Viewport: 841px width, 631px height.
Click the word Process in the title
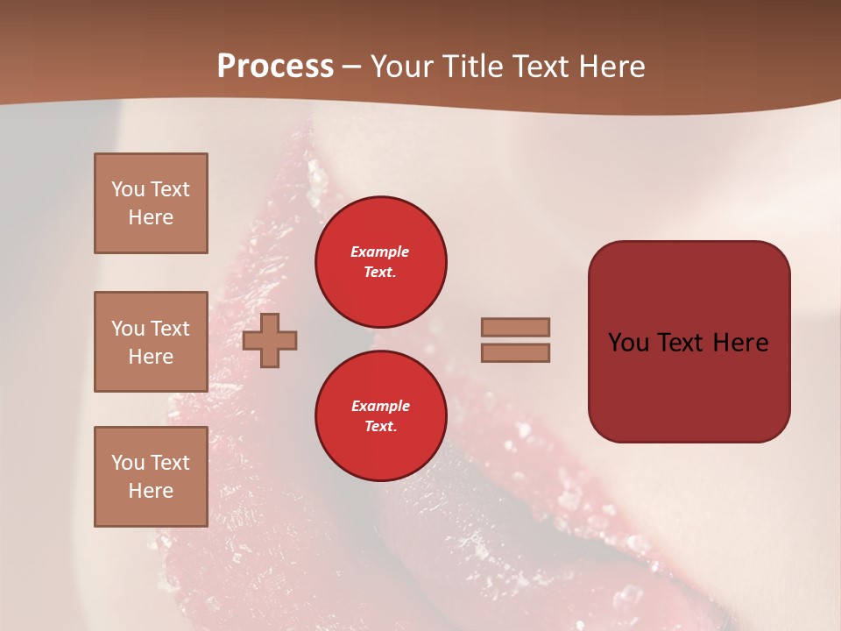click(275, 67)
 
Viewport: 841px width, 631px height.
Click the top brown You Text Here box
click(151, 203)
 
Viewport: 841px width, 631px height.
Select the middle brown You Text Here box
click(151, 342)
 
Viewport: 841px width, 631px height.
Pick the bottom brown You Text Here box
click(151, 477)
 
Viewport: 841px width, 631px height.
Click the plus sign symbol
click(270, 340)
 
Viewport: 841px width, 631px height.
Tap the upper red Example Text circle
click(380, 262)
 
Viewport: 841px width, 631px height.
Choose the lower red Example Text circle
click(380, 416)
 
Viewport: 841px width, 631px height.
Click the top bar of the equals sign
click(516, 327)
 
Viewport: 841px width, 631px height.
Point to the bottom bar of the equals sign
click(516, 352)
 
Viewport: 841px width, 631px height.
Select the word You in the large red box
click(629, 343)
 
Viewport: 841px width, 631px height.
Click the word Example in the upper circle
click(380, 252)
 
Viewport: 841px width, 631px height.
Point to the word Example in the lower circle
click(380, 406)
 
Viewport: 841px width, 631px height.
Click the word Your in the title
click(401, 67)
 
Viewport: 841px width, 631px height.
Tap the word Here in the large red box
click(741, 343)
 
